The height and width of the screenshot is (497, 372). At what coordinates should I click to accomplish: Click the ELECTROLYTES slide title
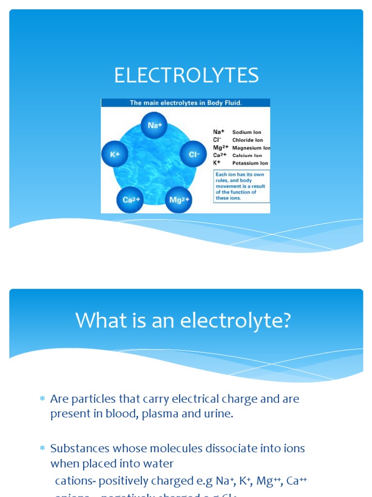click(186, 76)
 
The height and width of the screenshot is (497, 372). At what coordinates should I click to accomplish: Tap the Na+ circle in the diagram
click(154, 125)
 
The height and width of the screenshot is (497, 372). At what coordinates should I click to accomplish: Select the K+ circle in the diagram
click(115, 154)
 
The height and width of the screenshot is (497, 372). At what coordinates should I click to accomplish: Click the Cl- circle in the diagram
click(193, 154)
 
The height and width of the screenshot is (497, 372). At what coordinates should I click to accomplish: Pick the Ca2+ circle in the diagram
click(130, 199)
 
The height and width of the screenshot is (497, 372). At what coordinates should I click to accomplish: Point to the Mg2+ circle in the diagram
click(178, 199)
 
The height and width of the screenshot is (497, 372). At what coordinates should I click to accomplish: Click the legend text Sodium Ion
click(247, 132)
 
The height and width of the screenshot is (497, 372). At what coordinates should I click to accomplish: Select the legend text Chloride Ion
click(248, 140)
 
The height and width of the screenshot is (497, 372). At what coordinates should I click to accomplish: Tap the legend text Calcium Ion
click(247, 155)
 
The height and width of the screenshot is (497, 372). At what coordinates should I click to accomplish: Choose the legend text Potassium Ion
click(250, 163)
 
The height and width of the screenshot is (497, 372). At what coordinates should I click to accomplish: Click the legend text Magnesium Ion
click(251, 148)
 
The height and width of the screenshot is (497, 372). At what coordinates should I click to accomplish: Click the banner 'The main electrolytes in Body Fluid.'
click(186, 103)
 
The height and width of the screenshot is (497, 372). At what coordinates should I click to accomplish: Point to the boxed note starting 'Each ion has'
click(242, 186)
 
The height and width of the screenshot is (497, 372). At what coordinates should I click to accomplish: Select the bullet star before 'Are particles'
click(42, 399)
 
